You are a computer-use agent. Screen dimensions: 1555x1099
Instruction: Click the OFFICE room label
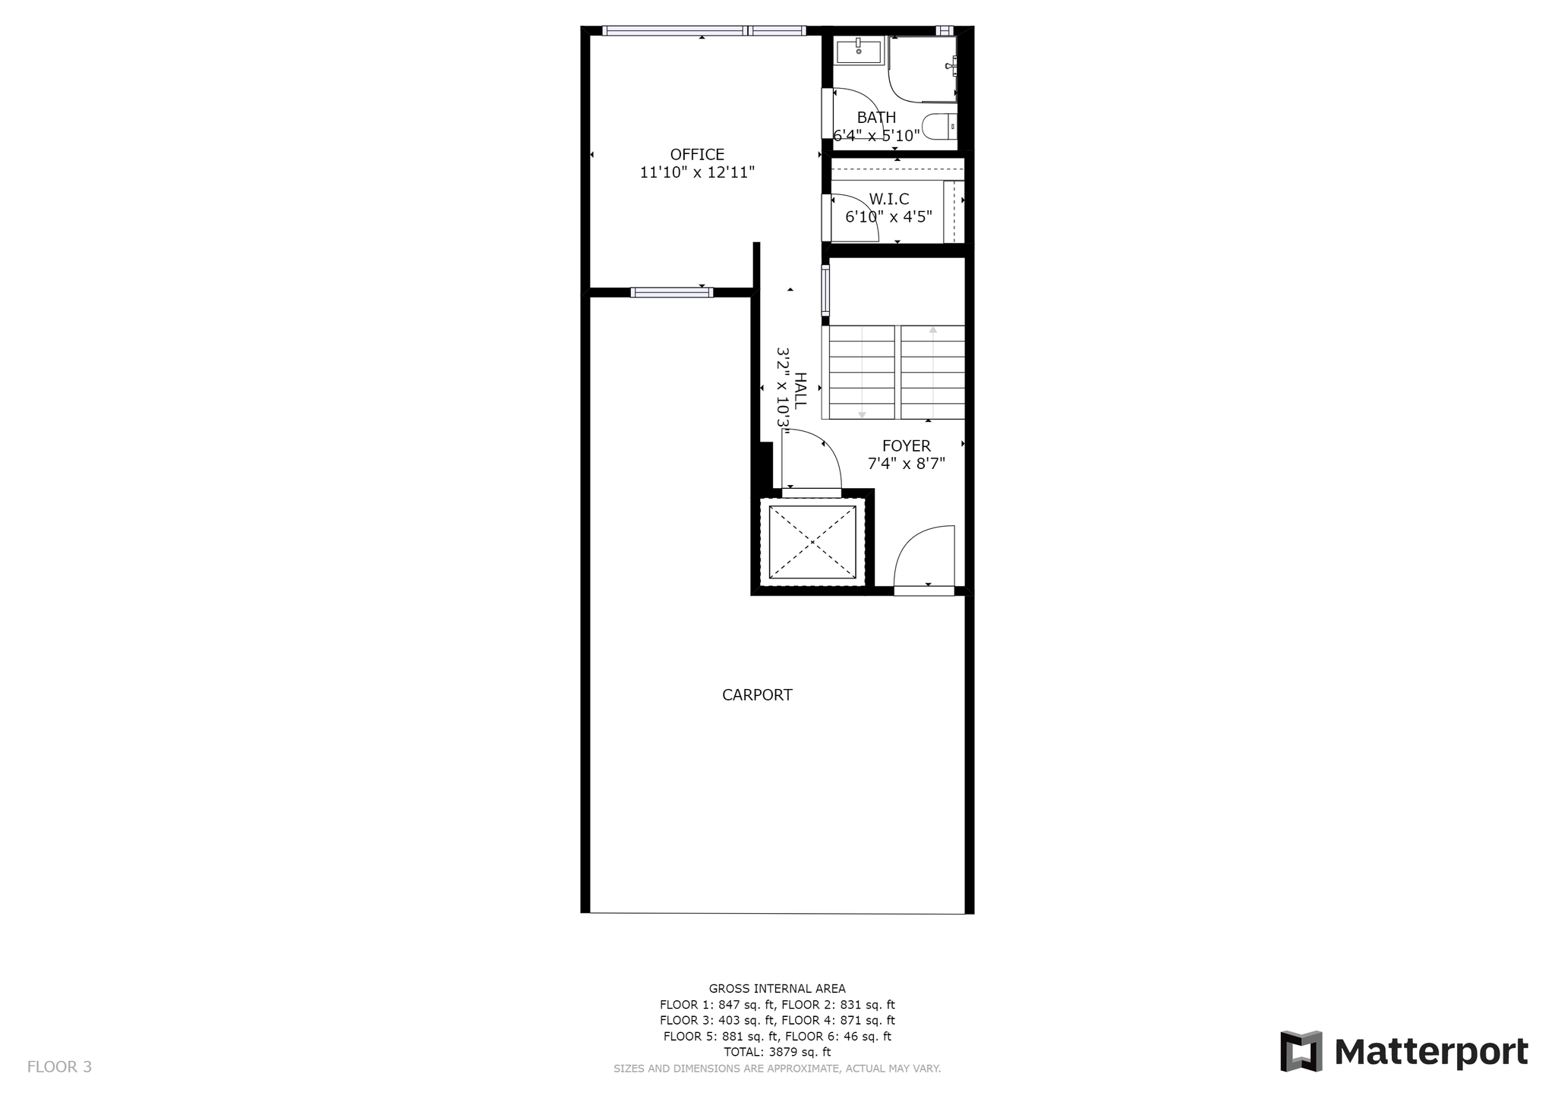[x=697, y=155]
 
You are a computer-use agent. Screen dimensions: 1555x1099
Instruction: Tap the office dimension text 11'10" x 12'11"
[x=697, y=172]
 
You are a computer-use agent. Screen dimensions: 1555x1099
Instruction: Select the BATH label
[x=876, y=118]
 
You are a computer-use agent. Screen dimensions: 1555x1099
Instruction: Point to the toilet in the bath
[x=939, y=127]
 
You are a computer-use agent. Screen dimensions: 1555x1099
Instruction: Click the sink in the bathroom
[x=859, y=52]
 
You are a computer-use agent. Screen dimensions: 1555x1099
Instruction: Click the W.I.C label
[x=888, y=200]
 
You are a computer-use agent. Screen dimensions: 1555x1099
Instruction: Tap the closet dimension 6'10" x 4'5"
[x=888, y=217]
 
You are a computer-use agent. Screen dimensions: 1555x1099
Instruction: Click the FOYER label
[x=906, y=446]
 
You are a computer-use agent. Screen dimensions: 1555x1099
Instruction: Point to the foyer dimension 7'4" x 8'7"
[x=906, y=464]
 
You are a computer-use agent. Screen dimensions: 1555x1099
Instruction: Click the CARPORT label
[x=757, y=694]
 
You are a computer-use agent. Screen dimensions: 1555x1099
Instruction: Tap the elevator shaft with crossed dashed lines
[x=812, y=542]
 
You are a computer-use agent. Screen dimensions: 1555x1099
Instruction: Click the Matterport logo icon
[x=1301, y=1051]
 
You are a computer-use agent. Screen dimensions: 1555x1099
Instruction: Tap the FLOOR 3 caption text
[x=59, y=1067]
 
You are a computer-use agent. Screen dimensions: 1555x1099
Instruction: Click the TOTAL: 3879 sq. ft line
[x=777, y=1052]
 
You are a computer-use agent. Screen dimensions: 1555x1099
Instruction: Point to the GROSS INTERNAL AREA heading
[x=777, y=988]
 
